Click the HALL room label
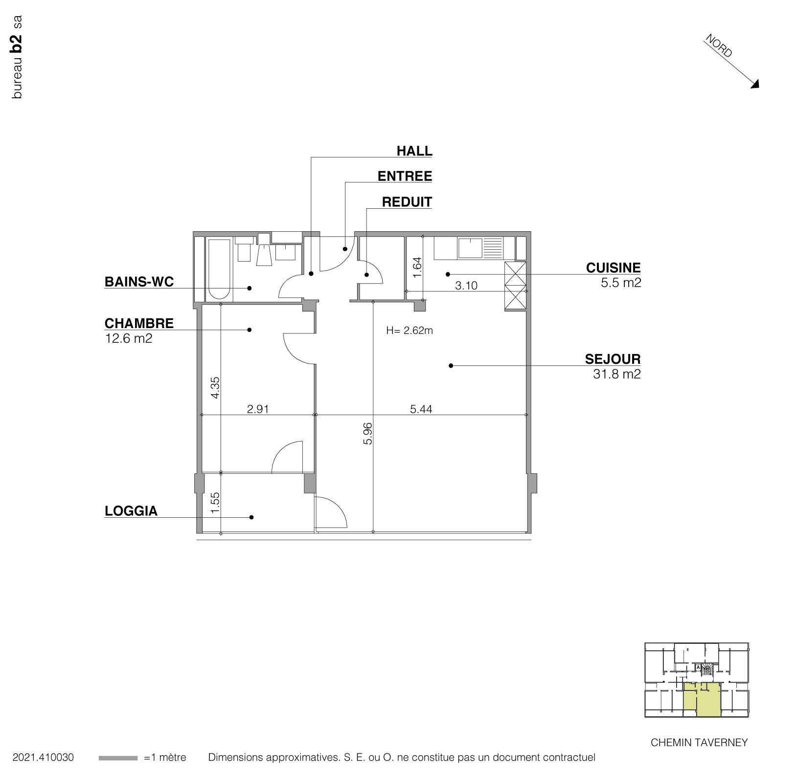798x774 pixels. (x=414, y=151)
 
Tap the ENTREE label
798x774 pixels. (x=405, y=176)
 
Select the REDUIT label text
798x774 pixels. (x=407, y=202)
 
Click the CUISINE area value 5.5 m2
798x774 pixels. (x=620, y=283)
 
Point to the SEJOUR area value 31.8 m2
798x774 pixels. (x=616, y=374)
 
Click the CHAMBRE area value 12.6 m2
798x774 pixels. (x=129, y=338)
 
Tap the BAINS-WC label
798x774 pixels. (x=139, y=282)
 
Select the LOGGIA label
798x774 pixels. (x=131, y=511)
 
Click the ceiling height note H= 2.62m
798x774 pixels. (x=409, y=331)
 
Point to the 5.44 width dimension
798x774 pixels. (x=421, y=409)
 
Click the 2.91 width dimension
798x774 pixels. (x=257, y=409)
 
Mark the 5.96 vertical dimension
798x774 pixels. (x=368, y=433)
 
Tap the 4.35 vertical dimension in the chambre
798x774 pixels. (x=215, y=387)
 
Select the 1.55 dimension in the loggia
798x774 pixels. (x=215, y=503)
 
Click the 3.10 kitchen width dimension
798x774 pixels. (x=466, y=286)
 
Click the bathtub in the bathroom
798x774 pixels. (x=218, y=269)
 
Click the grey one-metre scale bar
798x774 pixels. (x=118, y=758)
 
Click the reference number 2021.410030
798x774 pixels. (x=43, y=757)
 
